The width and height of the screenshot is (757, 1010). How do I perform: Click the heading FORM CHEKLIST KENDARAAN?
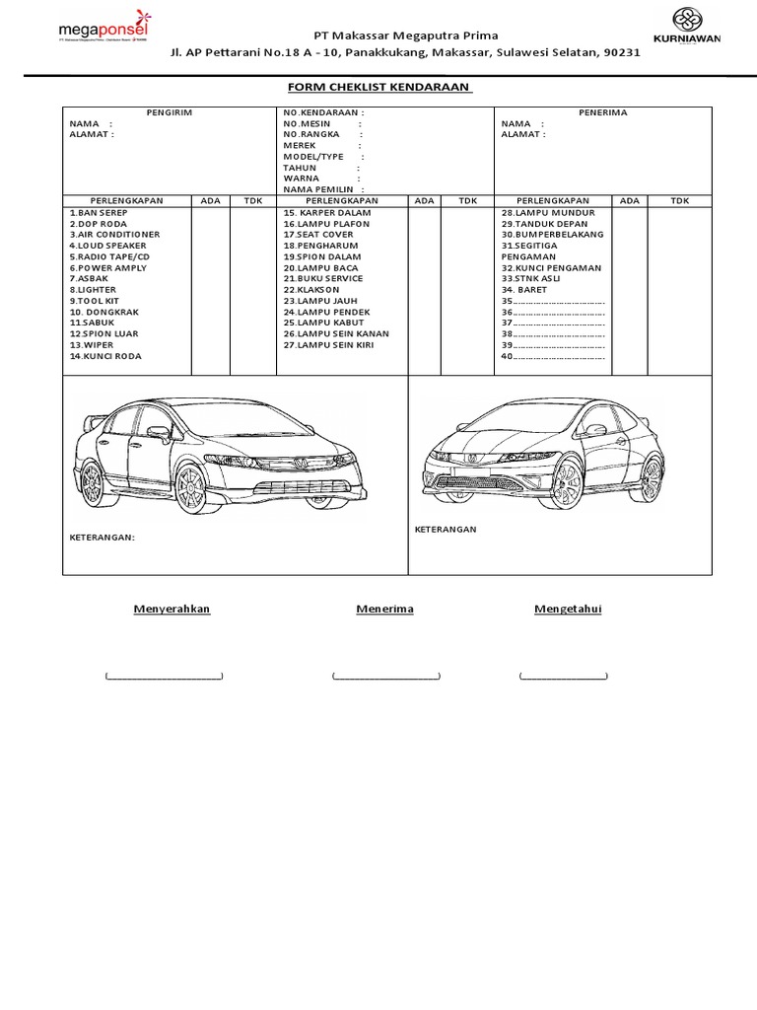click(379, 88)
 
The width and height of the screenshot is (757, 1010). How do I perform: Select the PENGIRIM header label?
click(170, 112)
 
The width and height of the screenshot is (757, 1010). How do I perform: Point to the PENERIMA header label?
click(603, 112)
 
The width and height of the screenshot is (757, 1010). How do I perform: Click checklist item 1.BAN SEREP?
click(100, 213)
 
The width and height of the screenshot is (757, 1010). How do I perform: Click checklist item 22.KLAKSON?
click(310, 290)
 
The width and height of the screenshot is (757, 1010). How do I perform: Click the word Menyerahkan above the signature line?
click(172, 609)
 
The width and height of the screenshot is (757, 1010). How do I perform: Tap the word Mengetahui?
click(567, 609)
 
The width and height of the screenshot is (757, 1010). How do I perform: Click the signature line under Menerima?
click(385, 677)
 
